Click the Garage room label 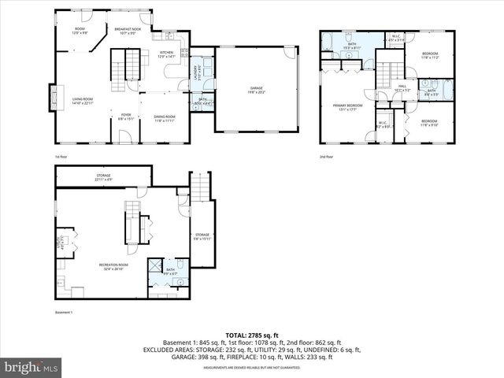click(x=256, y=89)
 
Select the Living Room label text click(x=83, y=101)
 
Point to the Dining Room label click(x=165, y=118)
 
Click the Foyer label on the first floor click(x=125, y=117)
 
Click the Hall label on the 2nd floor click(x=402, y=88)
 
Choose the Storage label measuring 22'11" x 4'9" click(x=103, y=177)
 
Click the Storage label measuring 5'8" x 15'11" click(x=202, y=236)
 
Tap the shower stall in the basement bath click(x=157, y=265)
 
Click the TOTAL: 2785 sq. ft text click(x=251, y=335)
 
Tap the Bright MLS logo click(x=31, y=367)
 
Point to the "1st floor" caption click(x=61, y=157)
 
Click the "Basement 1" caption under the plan click(x=64, y=313)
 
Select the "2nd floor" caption click(x=326, y=157)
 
